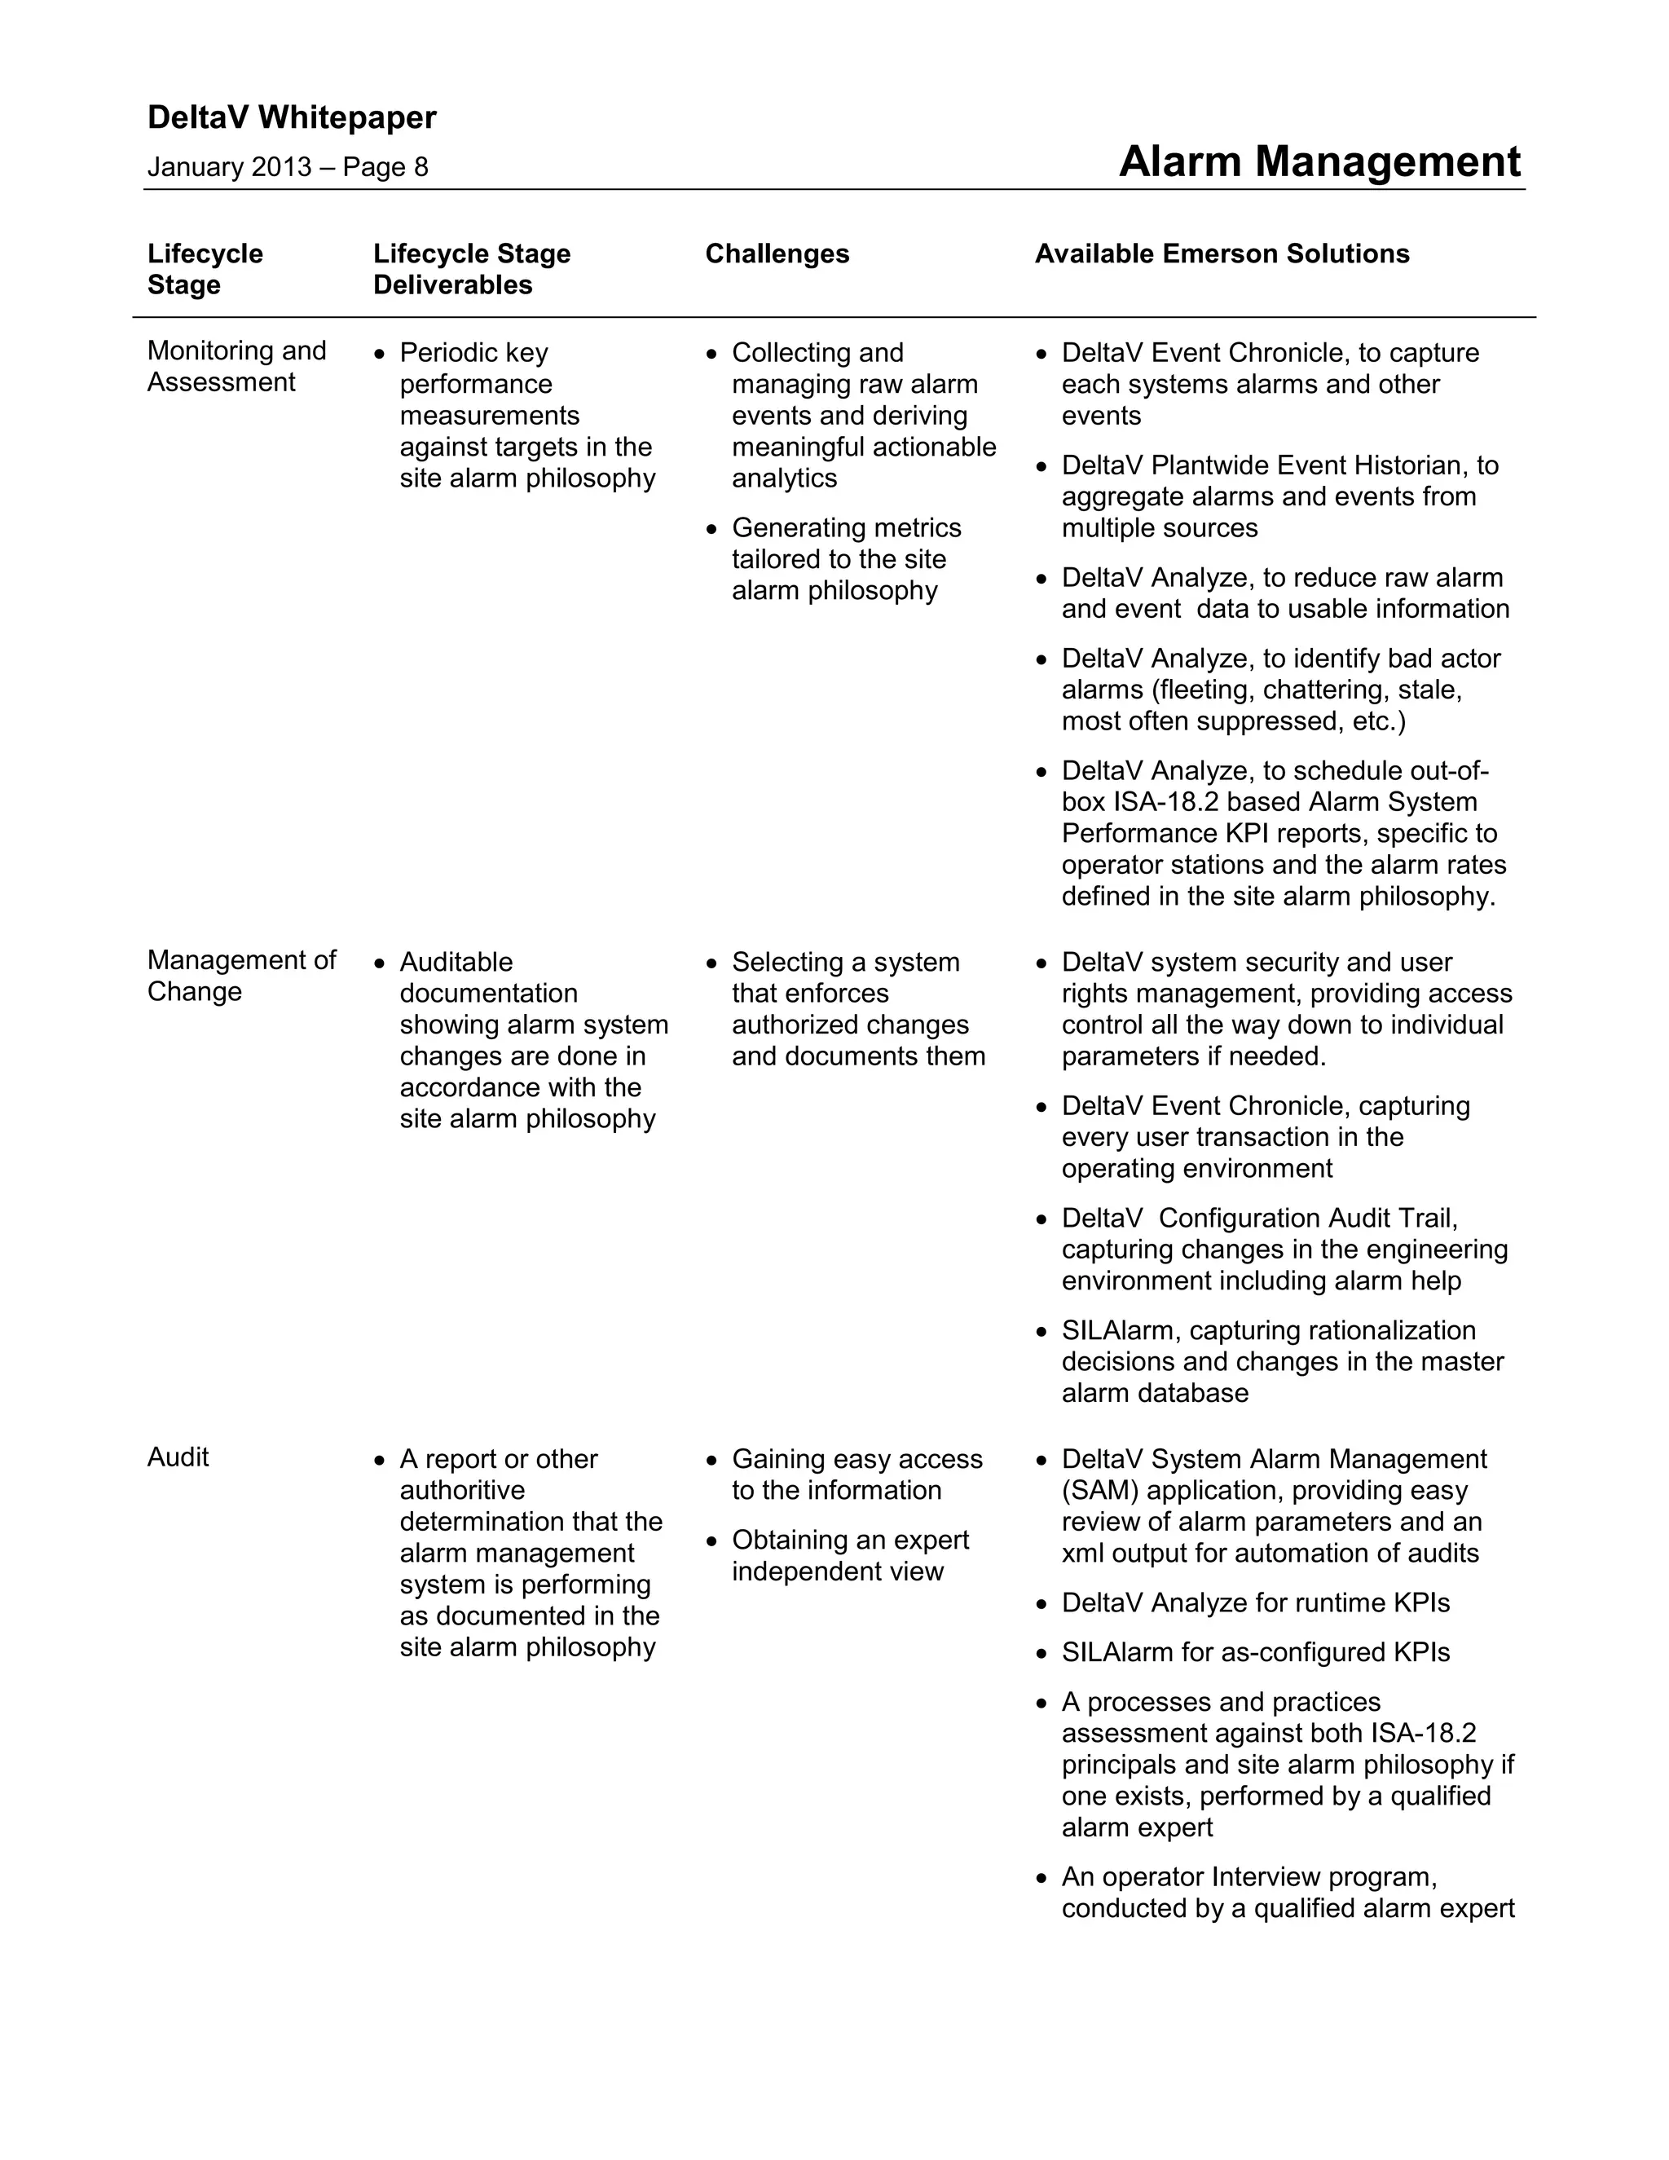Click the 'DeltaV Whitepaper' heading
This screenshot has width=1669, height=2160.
coord(292,117)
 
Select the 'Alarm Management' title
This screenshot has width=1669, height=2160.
coord(1319,161)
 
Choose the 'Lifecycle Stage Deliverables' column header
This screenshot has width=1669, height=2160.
coord(472,269)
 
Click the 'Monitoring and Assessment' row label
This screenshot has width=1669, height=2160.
coord(236,367)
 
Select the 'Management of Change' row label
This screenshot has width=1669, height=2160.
coord(241,976)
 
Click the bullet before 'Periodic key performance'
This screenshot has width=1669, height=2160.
coord(379,354)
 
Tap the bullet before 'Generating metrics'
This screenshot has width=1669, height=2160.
coord(711,529)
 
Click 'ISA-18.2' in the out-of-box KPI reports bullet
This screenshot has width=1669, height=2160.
coord(1168,802)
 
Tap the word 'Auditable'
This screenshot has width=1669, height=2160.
coord(456,963)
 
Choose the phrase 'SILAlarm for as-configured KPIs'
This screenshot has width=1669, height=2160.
coord(1255,1653)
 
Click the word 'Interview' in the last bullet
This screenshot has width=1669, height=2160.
coord(1265,1877)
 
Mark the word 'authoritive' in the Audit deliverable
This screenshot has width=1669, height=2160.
coord(462,1491)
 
